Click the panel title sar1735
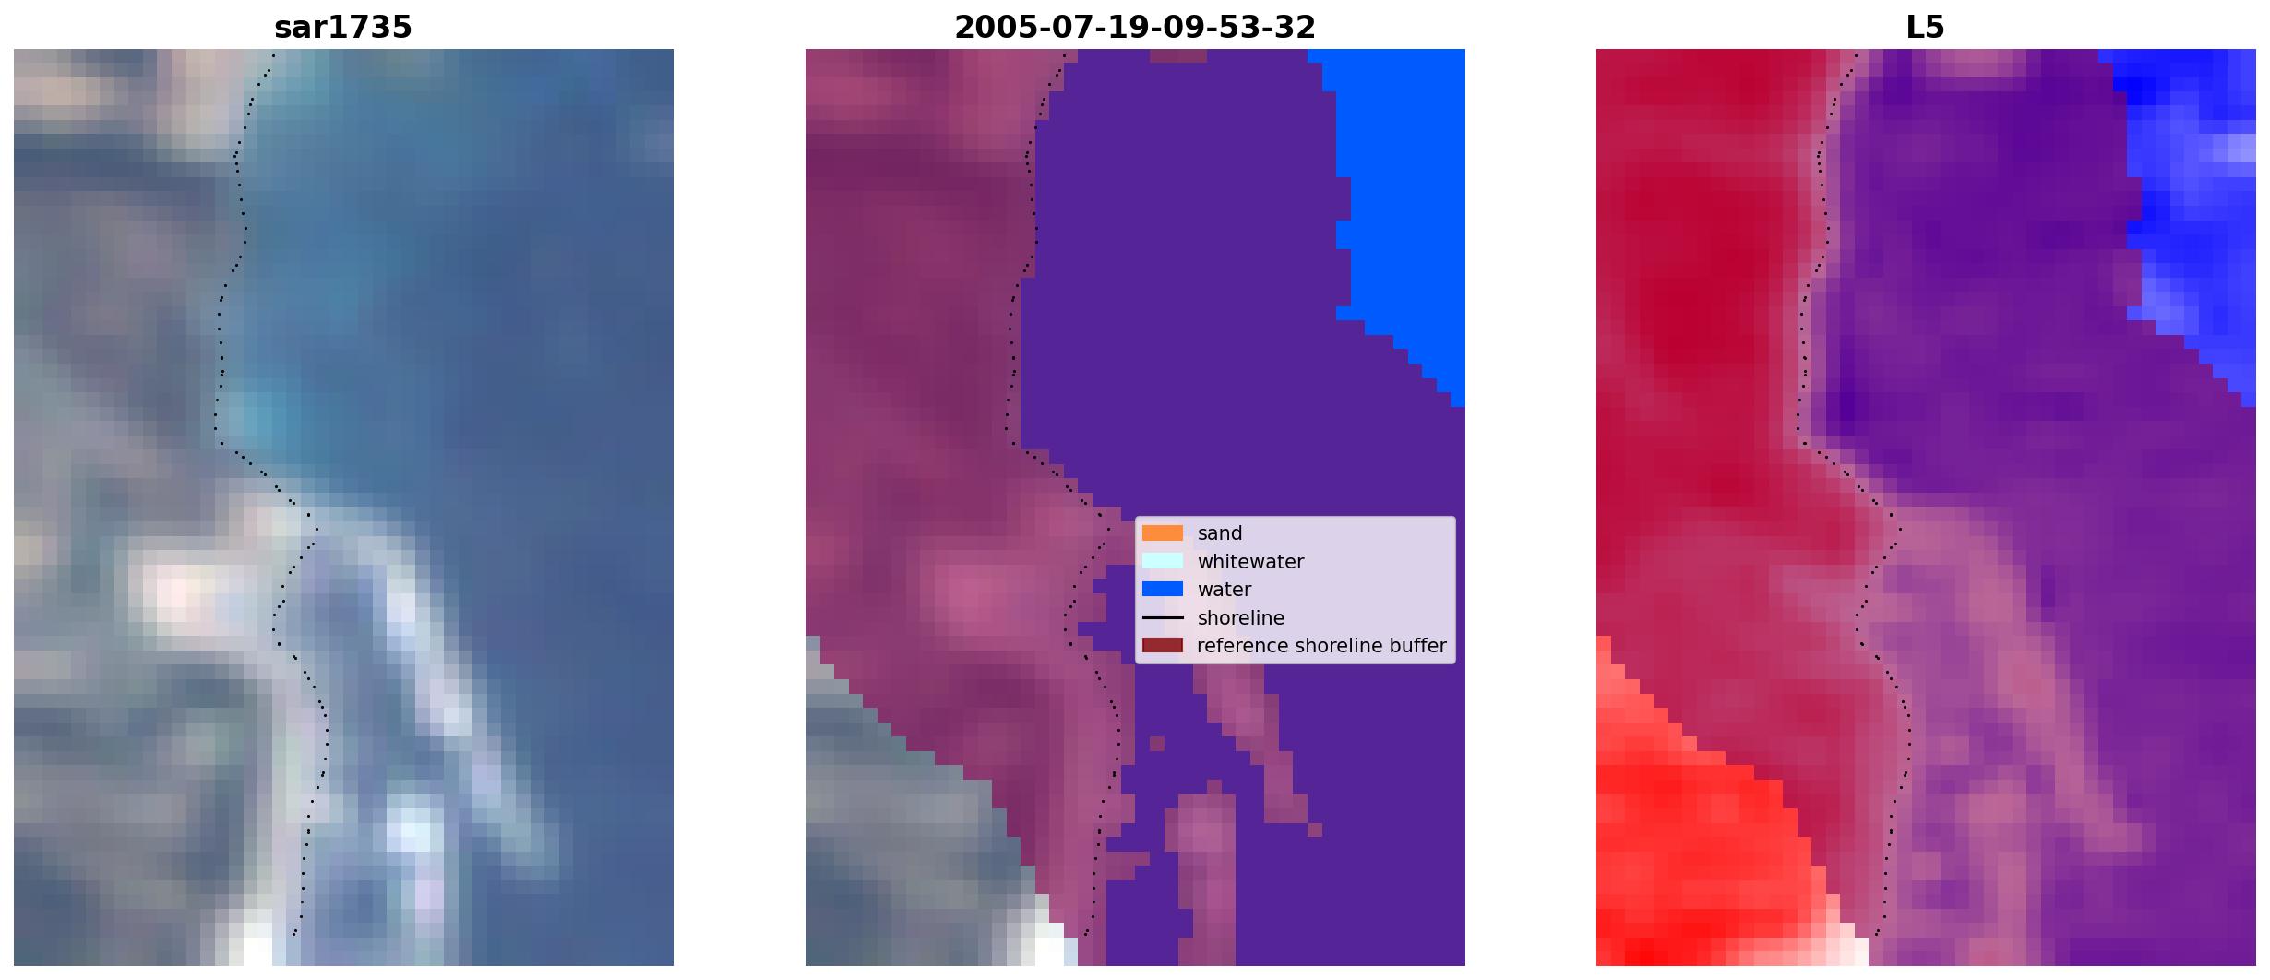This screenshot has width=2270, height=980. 343,28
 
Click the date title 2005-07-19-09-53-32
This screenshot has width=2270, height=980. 1135,28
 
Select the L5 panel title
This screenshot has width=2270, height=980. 1926,28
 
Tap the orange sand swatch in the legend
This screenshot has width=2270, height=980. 1163,533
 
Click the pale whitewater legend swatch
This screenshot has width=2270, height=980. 1163,561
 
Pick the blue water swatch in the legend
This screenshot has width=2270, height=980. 1163,589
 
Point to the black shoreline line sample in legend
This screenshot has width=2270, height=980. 1163,617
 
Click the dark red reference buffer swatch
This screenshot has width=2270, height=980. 1163,646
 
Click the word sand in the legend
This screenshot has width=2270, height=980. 1220,533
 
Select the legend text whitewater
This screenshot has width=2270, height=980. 1250,562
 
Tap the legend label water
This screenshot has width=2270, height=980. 1225,590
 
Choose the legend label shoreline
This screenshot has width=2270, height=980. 1241,618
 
